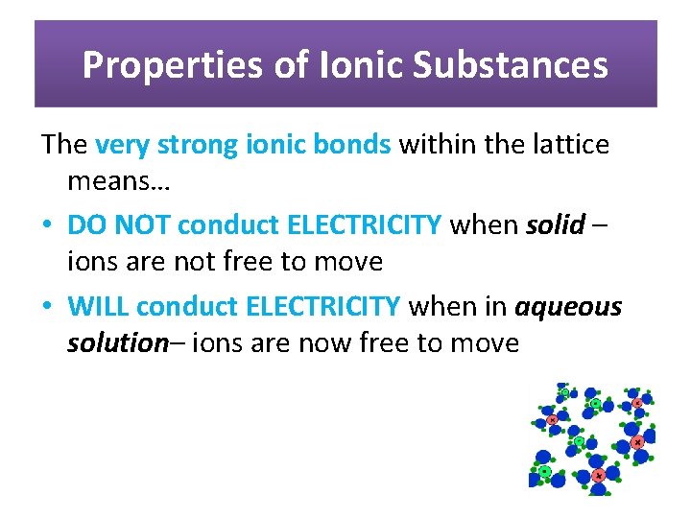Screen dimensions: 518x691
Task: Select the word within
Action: coord(431,145)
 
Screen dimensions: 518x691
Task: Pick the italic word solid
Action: coord(556,225)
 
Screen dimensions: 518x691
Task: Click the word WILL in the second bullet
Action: coord(99,307)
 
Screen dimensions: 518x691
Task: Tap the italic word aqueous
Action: coord(569,307)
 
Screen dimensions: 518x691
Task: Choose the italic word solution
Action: coord(117,342)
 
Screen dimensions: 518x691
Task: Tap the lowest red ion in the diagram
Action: coord(599,475)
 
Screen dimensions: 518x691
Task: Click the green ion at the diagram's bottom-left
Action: coord(545,471)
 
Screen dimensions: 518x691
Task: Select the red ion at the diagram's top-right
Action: coord(637,403)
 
